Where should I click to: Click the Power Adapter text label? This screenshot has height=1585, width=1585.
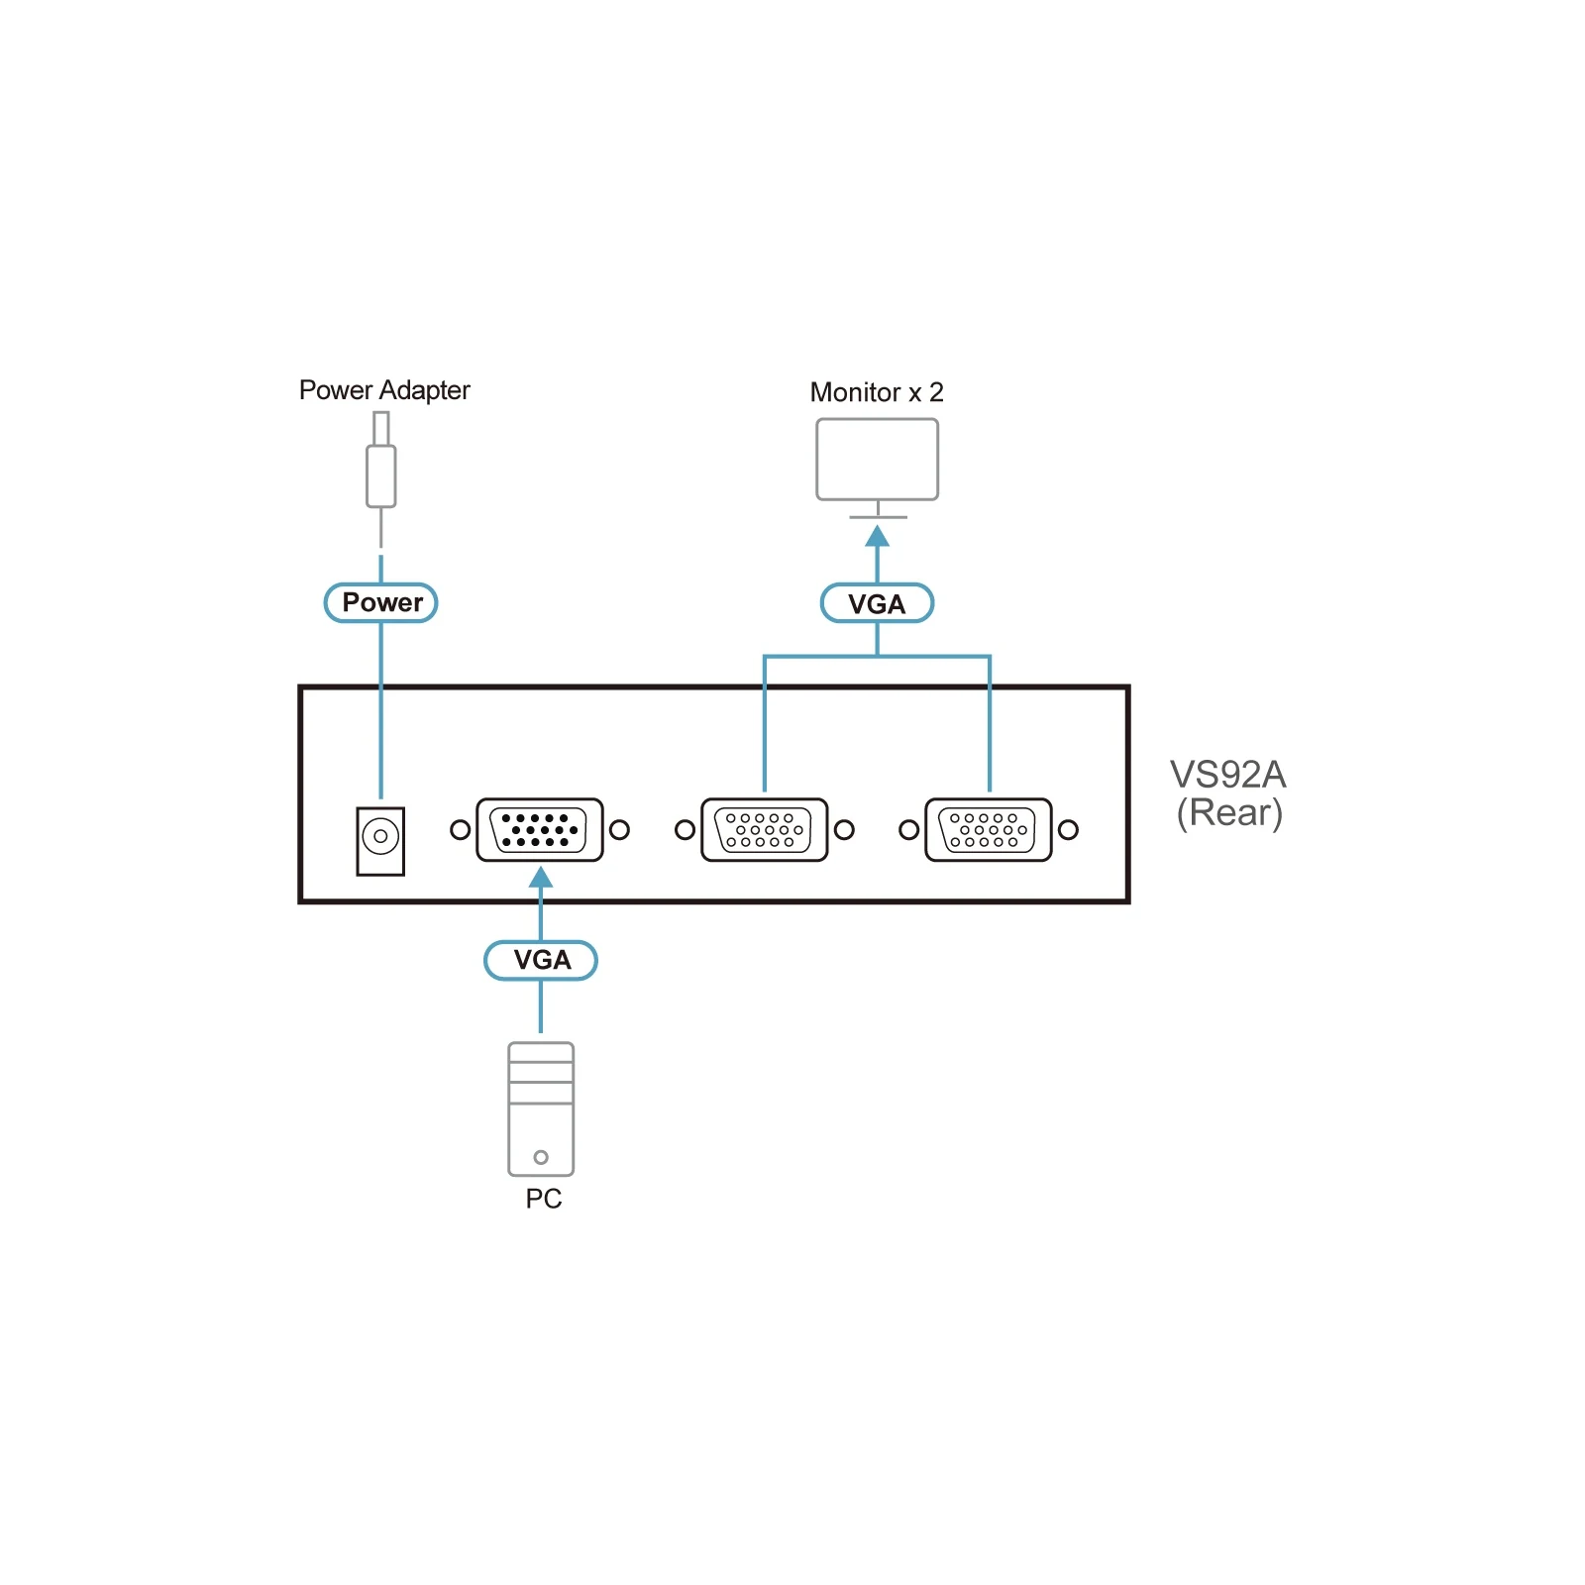[384, 390]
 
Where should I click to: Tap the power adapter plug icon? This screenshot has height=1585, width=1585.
[381, 461]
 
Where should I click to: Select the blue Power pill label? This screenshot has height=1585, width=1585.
[381, 602]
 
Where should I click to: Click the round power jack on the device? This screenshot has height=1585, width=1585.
[380, 837]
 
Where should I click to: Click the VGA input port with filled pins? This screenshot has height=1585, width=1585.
[540, 830]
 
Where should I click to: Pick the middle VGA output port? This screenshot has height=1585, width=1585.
[764, 830]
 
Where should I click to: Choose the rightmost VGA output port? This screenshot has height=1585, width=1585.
[988, 830]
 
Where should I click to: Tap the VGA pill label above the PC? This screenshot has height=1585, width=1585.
[541, 960]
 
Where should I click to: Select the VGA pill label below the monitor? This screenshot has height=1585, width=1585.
[877, 603]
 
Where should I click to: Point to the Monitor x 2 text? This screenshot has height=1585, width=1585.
[877, 392]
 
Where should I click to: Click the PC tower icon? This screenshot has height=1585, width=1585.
[541, 1109]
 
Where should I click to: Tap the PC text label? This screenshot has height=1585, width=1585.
[544, 1199]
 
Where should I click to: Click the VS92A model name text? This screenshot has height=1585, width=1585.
[1228, 775]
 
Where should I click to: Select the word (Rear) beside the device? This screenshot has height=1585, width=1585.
[1229, 813]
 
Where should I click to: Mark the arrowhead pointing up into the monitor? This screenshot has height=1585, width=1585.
[878, 536]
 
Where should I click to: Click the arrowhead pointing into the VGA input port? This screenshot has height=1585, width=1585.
[541, 877]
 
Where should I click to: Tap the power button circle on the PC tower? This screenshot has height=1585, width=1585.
[541, 1157]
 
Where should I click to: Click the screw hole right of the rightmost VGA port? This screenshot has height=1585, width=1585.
[1068, 830]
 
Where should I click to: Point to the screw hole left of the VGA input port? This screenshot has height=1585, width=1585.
[460, 830]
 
